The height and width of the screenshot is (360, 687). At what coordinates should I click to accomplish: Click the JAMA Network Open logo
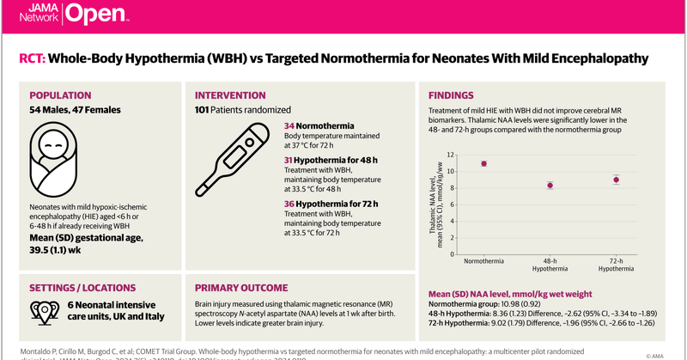(73, 14)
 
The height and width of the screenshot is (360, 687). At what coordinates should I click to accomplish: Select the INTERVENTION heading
(230, 95)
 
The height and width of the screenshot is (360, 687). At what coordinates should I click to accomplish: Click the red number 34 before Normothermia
(289, 126)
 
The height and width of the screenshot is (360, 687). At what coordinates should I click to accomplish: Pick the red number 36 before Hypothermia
(289, 203)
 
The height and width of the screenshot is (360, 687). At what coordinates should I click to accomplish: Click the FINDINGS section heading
(451, 95)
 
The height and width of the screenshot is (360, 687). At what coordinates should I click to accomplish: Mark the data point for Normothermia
(483, 163)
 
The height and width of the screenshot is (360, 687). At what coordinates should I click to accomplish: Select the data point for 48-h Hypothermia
(550, 185)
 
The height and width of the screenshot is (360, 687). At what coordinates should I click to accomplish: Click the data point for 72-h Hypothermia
(616, 180)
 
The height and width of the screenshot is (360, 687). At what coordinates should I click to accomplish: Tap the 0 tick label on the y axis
(452, 254)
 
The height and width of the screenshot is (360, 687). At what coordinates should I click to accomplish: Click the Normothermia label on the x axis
(483, 260)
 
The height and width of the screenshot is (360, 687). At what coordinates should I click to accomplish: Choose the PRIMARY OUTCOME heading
(241, 288)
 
